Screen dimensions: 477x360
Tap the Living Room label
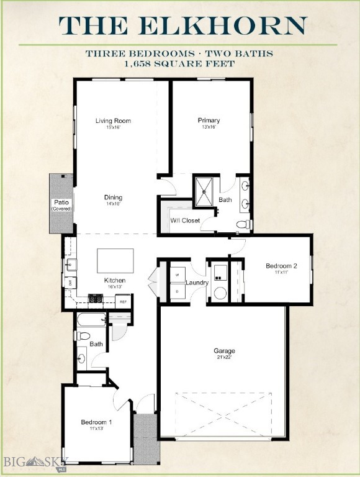coord(113,120)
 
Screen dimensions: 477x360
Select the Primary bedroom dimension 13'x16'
coord(209,127)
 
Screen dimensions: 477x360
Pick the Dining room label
coord(113,197)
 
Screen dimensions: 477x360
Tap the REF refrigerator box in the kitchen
coord(123,302)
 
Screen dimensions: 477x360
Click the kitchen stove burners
coord(96,299)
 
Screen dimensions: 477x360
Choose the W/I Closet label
coord(185,220)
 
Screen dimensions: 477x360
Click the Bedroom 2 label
coord(281,266)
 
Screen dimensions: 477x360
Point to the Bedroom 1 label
coord(96,422)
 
